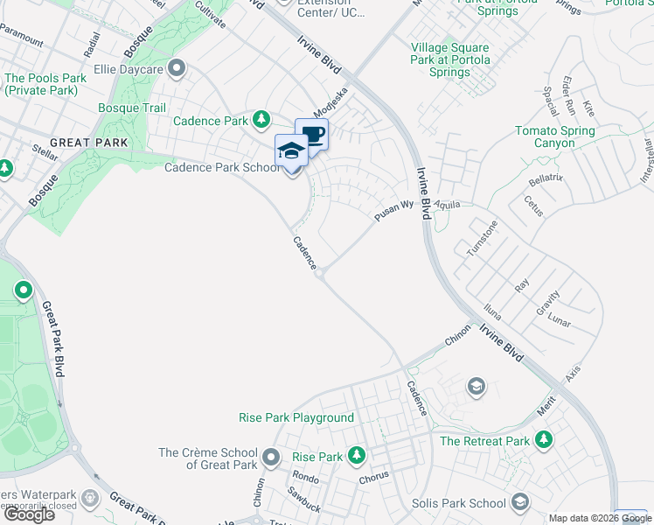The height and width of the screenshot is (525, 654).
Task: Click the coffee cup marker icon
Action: tap(311, 135)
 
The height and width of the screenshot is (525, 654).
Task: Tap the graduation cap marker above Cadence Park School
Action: tap(291, 150)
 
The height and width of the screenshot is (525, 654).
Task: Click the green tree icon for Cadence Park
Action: tap(261, 119)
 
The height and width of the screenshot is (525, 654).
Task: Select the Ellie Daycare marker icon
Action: tap(177, 67)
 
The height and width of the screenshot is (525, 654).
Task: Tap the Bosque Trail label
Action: tap(132, 108)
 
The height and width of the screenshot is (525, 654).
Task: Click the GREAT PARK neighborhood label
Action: tap(88, 143)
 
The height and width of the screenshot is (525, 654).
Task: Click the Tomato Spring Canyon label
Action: tap(555, 136)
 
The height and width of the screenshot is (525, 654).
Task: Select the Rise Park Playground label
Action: tap(296, 418)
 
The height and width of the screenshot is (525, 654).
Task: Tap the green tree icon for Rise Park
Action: tap(356, 455)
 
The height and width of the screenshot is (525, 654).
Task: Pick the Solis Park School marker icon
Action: tap(520, 501)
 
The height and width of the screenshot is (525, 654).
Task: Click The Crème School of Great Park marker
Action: tap(271, 456)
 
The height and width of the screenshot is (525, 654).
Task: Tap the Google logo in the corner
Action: tap(29, 514)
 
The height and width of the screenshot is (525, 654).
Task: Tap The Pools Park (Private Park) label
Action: tap(45, 84)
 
